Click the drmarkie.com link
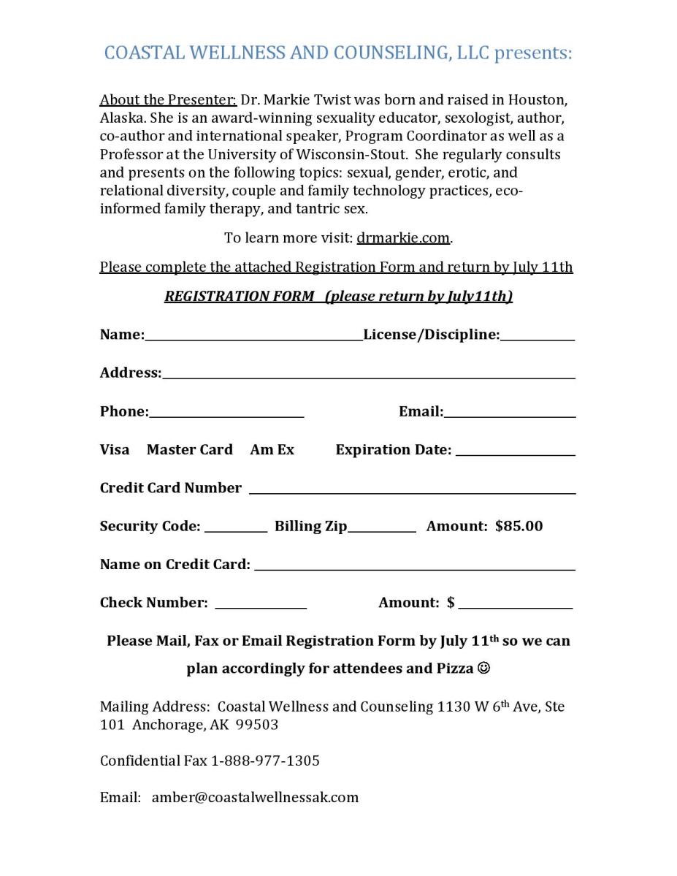(403, 238)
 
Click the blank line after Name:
(253, 338)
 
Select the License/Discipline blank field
(538, 338)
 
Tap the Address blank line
(368, 376)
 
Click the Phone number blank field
(226, 414)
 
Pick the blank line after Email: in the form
(509, 414)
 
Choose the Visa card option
(115, 450)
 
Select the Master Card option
(189, 450)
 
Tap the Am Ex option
(272, 450)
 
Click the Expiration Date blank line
(516, 453)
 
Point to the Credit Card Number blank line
(412, 491)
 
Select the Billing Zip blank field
(381, 529)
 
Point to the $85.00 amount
(519, 526)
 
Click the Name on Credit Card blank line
(414, 567)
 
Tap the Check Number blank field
(261, 606)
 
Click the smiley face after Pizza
(483, 668)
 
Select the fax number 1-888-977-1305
(265, 761)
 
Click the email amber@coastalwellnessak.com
(255, 797)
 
